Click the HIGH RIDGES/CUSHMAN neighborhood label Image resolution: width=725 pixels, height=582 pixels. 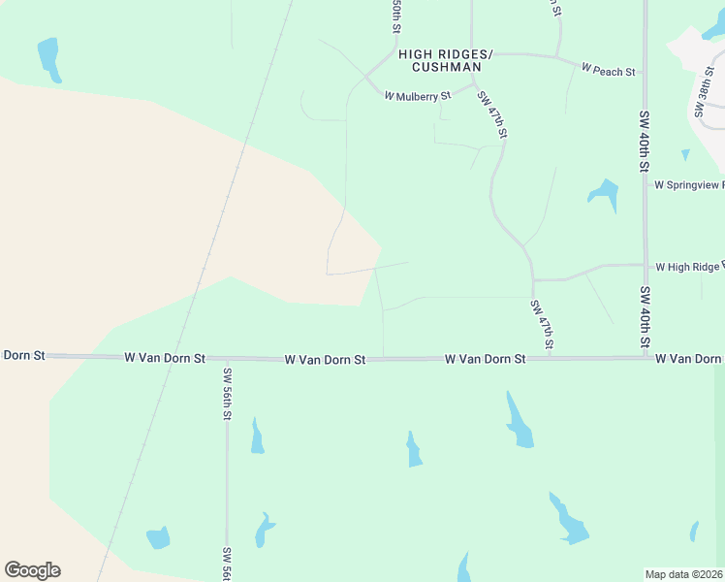pyautogui.click(x=446, y=61)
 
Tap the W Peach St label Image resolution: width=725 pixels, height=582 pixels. pyautogui.click(x=608, y=71)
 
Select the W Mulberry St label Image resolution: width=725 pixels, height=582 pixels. pyautogui.click(x=418, y=96)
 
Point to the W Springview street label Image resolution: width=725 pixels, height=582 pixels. pyautogui.click(x=689, y=184)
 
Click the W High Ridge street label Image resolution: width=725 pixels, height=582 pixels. pyautogui.click(x=689, y=266)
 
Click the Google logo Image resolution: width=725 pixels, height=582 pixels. pyautogui.click(x=32, y=570)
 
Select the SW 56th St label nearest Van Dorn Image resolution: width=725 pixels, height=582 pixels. pyautogui.click(x=227, y=394)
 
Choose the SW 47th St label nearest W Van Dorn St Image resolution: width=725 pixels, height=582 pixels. pyautogui.click(x=542, y=324)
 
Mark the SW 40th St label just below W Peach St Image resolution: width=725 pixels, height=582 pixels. pyautogui.click(x=644, y=141)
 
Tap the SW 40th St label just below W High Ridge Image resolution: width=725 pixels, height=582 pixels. pyautogui.click(x=645, y=316)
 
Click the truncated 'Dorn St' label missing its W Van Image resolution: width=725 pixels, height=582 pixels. pyautogui.click(x=23, y=355)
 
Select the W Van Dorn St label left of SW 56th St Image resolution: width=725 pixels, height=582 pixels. pyautogui.click(x=165, y=357)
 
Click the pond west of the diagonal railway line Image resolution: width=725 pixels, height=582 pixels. pyautogui.click(x=47, y=57)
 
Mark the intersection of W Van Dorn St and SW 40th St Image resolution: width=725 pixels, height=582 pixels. pyautogui.click(x=646, y=357)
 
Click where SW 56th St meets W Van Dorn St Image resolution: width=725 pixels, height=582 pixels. pyautogui.click(x=227, y=358)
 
